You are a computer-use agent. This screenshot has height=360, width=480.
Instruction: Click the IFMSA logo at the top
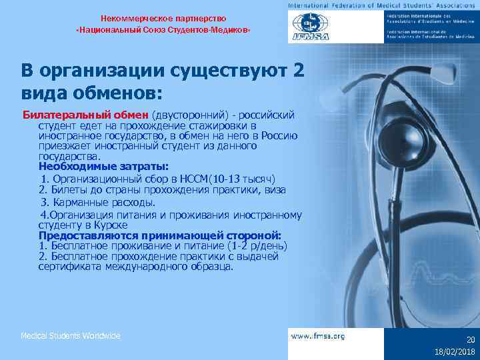point(311,28)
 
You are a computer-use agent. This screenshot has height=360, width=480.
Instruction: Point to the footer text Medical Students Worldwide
point(70,336)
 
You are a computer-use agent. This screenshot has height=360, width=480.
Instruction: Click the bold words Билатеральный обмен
point(87,115)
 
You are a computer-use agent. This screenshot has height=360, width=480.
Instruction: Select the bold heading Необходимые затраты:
point(103,166)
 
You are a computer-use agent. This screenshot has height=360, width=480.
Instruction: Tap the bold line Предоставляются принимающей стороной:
point(160,235)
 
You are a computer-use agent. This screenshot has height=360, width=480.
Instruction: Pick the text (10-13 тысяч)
point(242,179)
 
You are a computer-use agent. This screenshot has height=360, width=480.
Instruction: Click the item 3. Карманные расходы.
point(98,202)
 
